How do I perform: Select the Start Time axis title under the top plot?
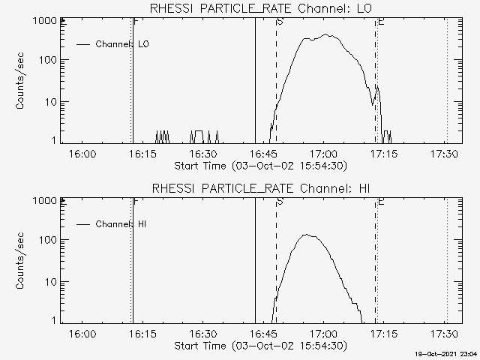259,166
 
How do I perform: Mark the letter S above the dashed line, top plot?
280,22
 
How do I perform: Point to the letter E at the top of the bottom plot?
381,202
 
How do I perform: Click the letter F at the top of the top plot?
135,22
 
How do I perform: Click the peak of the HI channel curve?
306,235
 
